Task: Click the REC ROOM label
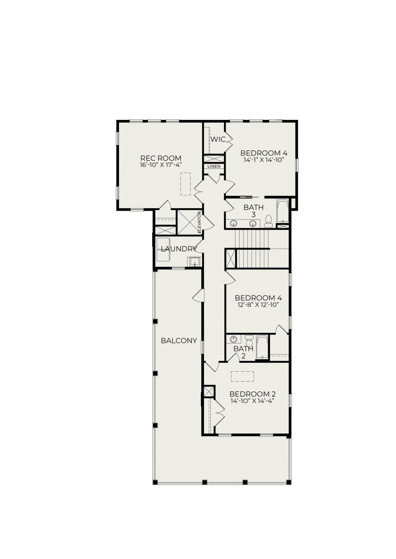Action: (x=161, y=158)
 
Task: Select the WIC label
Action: (x=218, y=139)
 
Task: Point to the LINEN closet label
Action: (x=214, y=167)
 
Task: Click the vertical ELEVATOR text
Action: (x=199, y=222)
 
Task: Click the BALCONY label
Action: (x=179, y=341)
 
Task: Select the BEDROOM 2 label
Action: (x=252, y=394)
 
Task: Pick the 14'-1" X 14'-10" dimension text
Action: (x=264, y=160)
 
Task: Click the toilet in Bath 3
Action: (x=268, y=222)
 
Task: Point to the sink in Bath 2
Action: (x=234, y=339)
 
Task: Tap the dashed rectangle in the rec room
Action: (x=185, y=184)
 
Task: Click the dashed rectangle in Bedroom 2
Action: (x=242, y=376)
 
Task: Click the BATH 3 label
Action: (x=253, y=211)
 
